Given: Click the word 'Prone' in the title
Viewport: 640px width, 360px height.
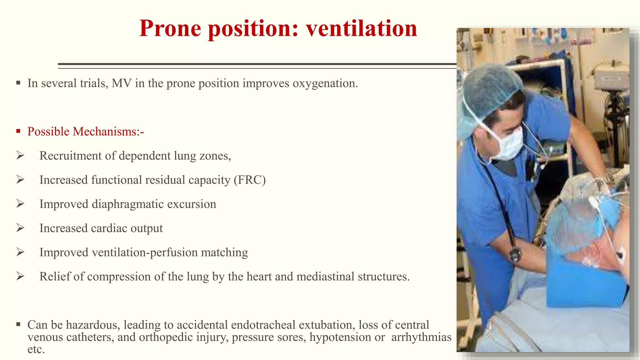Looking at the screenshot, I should (x=170, y=28).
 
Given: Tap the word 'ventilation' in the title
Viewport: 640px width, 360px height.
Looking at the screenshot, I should (x=361, y=28).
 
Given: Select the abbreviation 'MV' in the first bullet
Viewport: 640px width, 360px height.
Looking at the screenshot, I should (x=122, y=83).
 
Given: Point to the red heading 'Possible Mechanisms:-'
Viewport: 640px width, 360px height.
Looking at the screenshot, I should (x=86, y=132).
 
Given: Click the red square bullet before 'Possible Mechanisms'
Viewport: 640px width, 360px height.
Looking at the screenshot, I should (x=18, y=131).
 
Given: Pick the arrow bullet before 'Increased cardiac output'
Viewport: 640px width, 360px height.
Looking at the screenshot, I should (x=20, y=228).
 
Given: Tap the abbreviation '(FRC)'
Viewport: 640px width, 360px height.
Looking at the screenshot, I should (x=250, y=180).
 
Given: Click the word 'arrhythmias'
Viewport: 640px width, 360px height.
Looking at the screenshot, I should (x=421, y=337).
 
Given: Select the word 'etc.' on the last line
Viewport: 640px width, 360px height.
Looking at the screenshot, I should (x=36, y=349).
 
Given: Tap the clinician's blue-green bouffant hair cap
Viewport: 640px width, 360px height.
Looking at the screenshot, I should (x=491, y=91).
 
